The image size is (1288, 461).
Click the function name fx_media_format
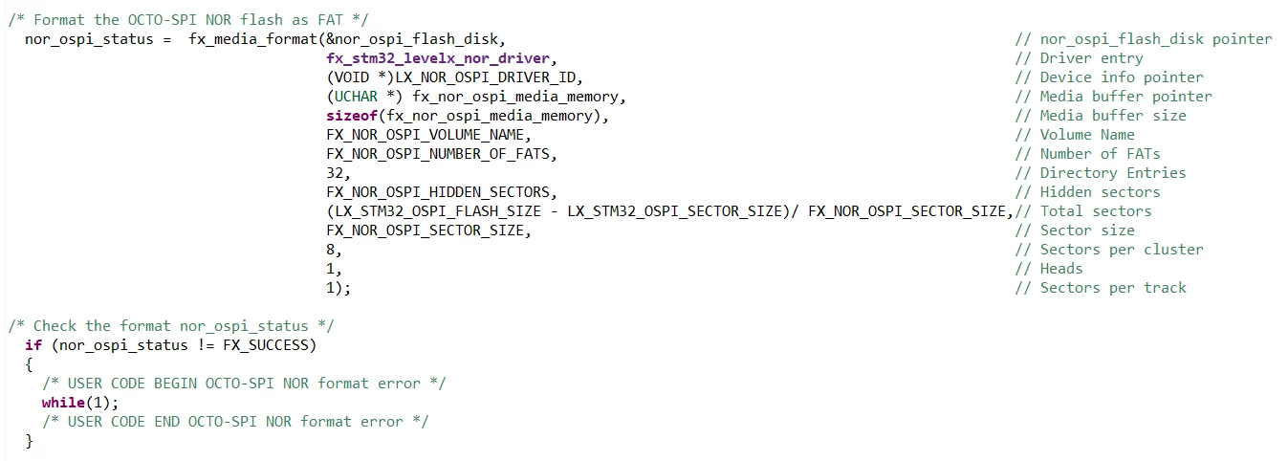252,39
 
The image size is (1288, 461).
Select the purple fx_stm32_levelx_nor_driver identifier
438,58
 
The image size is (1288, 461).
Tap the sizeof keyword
352,116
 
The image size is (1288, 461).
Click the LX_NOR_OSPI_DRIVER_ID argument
489,77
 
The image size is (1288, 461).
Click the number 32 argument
335,173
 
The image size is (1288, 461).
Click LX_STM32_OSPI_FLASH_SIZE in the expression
438,211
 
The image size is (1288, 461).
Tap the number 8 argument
331,250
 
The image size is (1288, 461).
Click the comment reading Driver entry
1091,58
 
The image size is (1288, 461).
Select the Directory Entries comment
1113,173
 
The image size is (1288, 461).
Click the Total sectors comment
1096,211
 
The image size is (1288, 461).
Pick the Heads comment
1060,269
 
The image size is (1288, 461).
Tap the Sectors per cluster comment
1122,250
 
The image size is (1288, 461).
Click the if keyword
33,345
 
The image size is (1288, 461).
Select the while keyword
63,403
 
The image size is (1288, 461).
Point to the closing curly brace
30,441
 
